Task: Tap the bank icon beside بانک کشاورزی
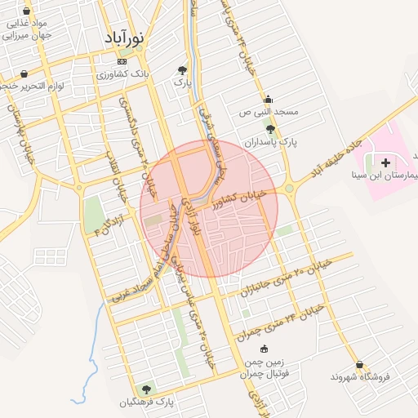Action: coord(122,61)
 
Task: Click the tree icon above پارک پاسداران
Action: coord(270,129)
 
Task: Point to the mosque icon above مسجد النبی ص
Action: coord(268,99)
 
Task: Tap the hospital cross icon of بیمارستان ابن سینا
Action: coord(385,163)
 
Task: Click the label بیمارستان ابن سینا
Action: coord(391,176)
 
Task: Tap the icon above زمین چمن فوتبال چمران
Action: coord(263,349)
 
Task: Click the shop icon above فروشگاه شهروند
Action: coord(359,364)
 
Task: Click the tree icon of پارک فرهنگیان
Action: coord(147,389)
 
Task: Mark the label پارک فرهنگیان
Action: coord(148,402)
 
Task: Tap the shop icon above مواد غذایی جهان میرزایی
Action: coord(28,12)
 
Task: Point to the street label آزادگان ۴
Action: coord(109,225)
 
